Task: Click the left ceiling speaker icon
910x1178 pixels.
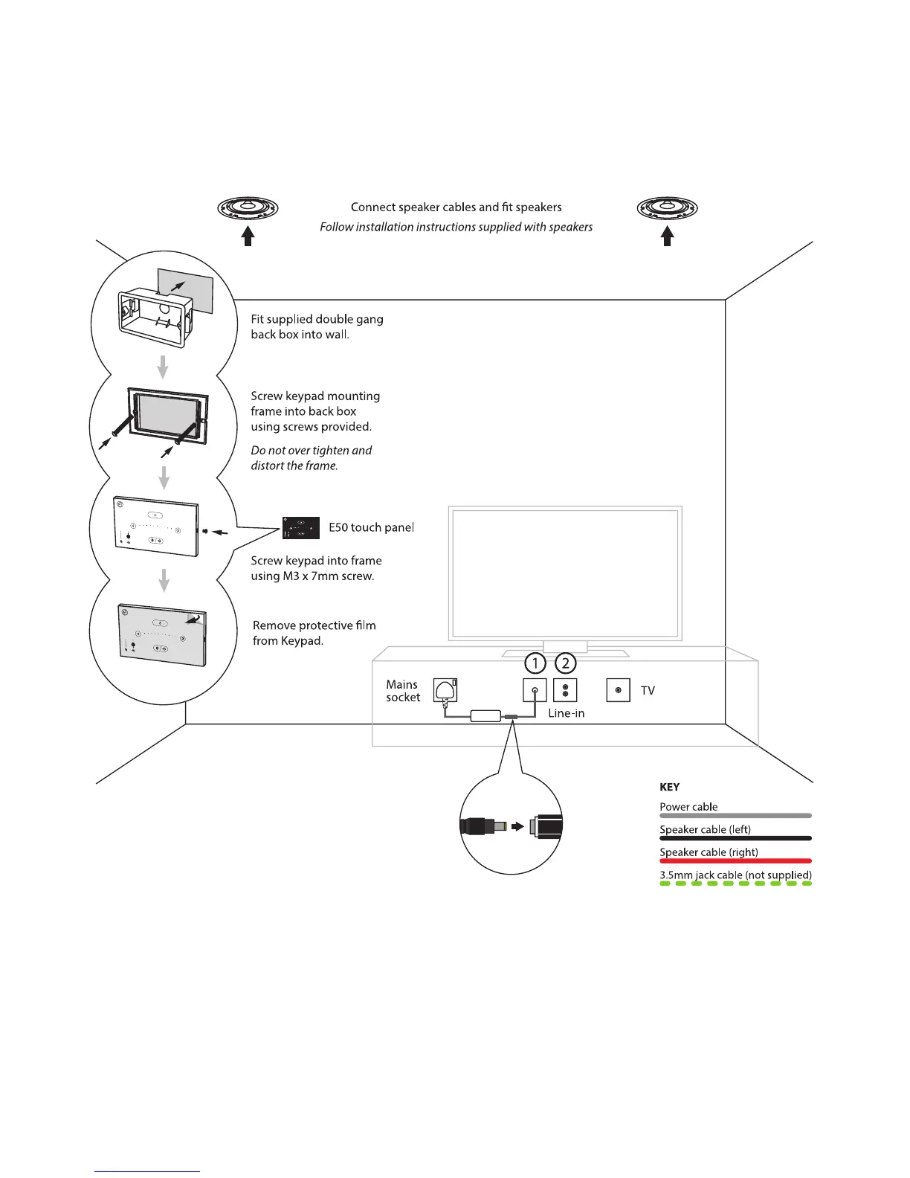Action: click(248, 207)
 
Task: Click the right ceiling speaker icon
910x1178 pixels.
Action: click(667, 207)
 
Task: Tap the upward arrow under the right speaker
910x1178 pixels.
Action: click(667, 236)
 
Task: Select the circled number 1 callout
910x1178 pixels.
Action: click(535, 663)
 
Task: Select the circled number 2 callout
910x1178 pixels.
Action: click(565, 663)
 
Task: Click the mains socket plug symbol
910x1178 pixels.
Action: click(445, 690)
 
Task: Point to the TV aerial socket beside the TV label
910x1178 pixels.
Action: click(619, 690)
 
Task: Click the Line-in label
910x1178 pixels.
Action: click(566, 713)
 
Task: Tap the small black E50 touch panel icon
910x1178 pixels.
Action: click(301, 527)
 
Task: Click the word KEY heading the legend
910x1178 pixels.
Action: click(669, 787)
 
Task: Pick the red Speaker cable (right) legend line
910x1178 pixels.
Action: click(735, 861)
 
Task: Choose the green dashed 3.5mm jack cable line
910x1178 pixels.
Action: click(735, 883)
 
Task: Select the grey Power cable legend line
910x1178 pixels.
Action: click(735, 816)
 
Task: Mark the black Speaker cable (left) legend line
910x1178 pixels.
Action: click(735, 838)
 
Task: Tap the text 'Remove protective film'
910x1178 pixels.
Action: click(314, 625)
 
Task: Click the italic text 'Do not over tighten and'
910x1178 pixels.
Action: click(311, 450)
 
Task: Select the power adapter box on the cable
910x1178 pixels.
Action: click(485, 716)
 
